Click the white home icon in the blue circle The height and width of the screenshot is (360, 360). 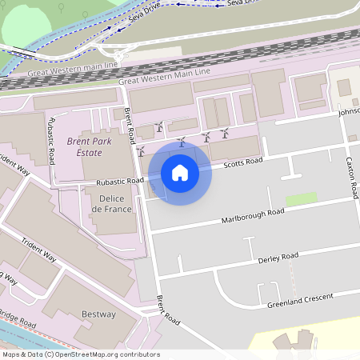(180, 172)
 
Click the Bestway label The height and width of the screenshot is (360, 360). (98, 314)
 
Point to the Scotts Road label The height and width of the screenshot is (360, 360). (243, 163)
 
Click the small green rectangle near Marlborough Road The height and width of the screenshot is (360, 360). (301, 199)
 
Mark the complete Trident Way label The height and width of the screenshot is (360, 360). (38, 249)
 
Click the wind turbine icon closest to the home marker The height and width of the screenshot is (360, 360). (182, 142)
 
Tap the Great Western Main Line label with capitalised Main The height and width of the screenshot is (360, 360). (164, 77)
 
